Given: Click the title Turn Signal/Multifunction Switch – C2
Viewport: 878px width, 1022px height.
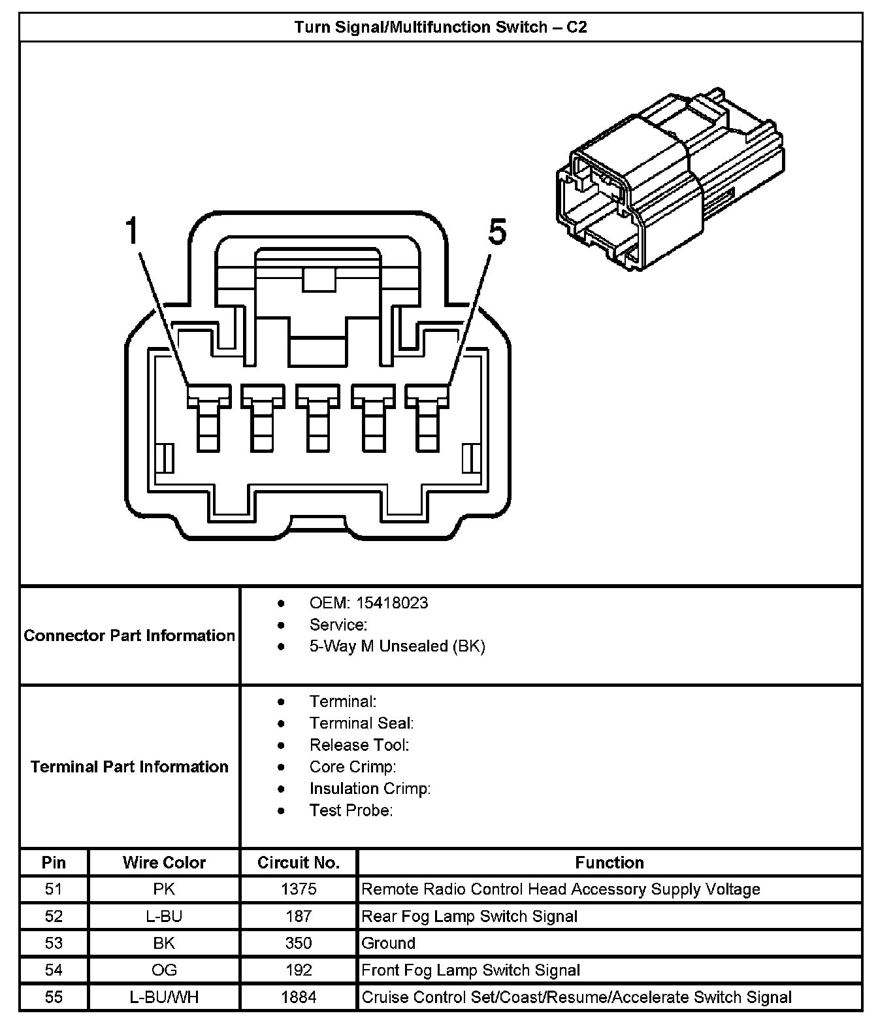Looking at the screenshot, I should [x=440, y=27].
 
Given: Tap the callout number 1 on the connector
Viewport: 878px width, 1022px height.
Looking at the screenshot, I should [x=133, y=232].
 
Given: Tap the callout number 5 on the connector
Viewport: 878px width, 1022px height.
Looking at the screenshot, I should [x=497, y=233].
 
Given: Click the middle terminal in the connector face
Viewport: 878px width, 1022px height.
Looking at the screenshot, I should [x=318, y=418].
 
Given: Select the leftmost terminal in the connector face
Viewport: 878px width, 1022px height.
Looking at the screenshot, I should [x=209, y=418].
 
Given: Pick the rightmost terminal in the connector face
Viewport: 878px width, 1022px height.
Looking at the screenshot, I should [x=427, y=418].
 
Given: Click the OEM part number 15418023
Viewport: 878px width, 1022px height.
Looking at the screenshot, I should [x=392, y=602].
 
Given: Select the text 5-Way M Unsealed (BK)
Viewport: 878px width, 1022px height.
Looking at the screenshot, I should [x=397, y=646].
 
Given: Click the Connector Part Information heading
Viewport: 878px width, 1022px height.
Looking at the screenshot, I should [x=129, y=635].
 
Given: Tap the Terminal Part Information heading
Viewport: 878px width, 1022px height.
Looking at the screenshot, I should [x=129, y=766].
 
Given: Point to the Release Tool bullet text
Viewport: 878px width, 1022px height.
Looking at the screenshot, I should [x=359, y=745].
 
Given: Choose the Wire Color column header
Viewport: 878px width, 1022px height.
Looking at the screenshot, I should [x=164, y=863].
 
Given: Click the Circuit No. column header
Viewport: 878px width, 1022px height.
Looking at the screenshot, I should [x=299, y=863].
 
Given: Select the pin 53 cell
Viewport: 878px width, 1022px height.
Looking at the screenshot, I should [x=54, y=943].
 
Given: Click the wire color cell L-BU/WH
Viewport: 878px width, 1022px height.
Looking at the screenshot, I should [x=164, y=997].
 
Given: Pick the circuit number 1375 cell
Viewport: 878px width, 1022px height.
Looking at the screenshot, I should [x=299, y=889].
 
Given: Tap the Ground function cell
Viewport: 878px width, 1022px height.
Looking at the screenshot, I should [x=389, y=943].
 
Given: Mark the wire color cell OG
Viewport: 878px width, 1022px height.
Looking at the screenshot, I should [x=164, y=970].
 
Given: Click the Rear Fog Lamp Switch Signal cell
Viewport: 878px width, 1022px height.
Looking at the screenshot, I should [x=469, y=916].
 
